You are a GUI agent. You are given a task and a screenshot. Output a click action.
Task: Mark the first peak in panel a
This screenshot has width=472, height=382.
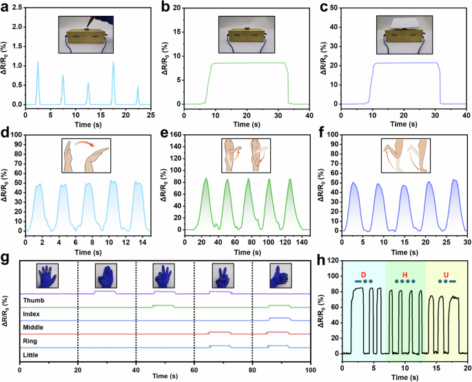pos(37,62)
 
